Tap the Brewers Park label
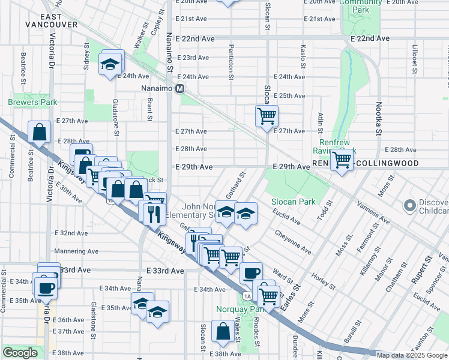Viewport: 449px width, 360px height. (x=32, y=103)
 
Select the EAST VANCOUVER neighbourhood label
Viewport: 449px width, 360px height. (x=52, y=19)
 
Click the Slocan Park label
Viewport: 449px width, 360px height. (x=292, y=202)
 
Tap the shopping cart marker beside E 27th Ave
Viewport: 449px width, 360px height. (x=267, y=116)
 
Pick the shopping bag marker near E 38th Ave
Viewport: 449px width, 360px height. (x=223, y=332)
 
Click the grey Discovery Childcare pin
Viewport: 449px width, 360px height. (x=411, y=206)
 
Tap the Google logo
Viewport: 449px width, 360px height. (x=20, y=353)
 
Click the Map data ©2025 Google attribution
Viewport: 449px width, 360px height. (x=412, y=355)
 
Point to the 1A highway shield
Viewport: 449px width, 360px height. (x=247, y=296)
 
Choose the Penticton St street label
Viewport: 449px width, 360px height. (x=231, y=62)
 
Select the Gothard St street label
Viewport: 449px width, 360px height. (x=235, y=187)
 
